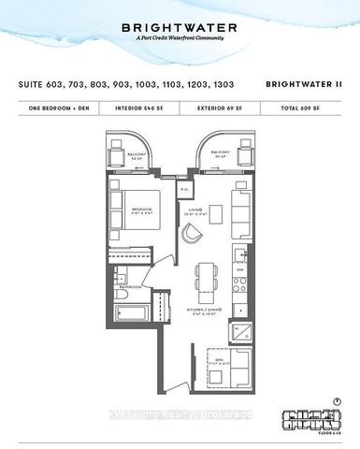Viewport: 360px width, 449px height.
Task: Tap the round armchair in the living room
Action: click(193, 232)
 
